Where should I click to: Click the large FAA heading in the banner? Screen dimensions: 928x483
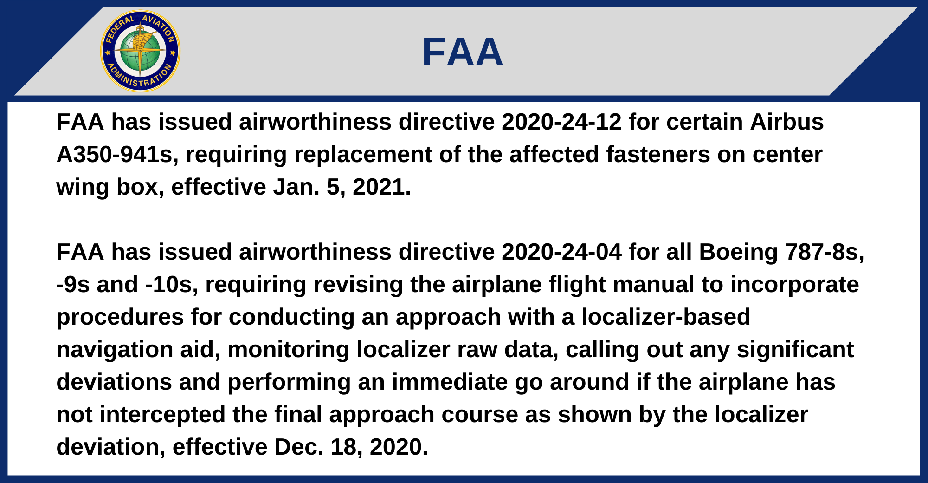tap(462, 52)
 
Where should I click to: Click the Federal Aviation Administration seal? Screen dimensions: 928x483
tap(140, 51)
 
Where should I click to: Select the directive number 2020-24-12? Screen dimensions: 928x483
tap(561, 122)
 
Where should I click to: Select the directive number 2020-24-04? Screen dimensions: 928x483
tap(561, 252)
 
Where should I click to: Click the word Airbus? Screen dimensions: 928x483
tap(787, 122)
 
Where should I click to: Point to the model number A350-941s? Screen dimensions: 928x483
tap(115, 155)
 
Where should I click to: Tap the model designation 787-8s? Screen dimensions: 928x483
tap(825, 252)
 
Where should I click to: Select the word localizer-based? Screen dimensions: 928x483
tap(666, 317)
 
